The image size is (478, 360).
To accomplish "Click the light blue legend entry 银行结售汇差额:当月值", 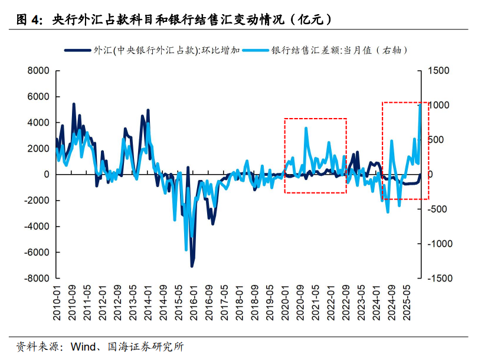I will [x=339, y=51].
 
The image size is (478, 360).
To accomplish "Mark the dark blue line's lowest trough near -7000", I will [x=192, y=266].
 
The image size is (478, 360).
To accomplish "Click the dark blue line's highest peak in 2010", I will [x=74, y=104].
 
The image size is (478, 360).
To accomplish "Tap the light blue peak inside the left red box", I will [x=306, y=128].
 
